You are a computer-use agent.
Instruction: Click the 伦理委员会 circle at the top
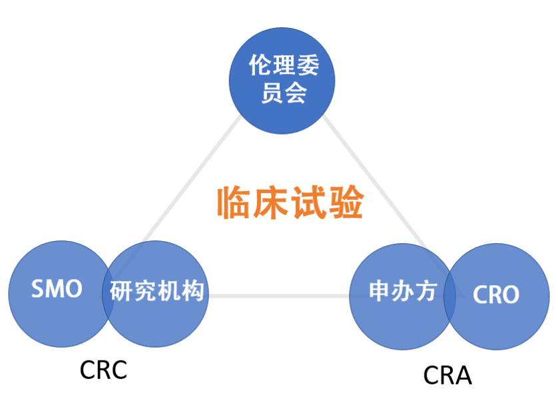282,81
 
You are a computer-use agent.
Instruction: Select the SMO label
57,289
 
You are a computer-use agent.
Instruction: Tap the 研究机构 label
157,292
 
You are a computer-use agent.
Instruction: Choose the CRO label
496,295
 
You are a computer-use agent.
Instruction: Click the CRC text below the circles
103,370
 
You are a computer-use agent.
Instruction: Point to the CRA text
447,376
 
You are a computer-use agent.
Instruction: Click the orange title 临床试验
290,203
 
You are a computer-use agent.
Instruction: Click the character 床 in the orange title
271,203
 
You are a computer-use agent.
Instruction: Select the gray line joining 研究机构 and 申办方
280,295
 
